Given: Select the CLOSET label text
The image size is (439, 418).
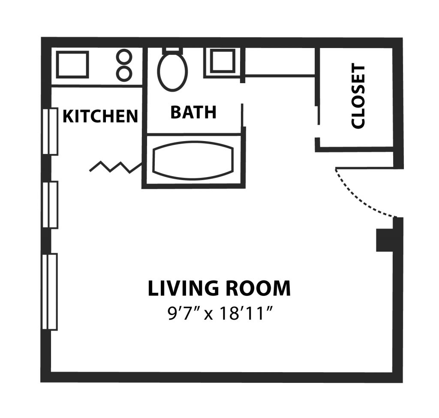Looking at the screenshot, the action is [x=358, y=97].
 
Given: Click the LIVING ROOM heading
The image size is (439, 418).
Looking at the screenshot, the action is [x=219, y=288].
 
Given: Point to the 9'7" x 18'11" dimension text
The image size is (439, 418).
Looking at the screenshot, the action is [x=220, y=313].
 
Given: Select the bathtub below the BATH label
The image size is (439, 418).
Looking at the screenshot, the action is [x=193, y=160].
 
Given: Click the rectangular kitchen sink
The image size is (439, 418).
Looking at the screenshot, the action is [x=73, y=64].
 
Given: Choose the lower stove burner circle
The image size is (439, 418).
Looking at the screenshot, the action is [x=124, y=74].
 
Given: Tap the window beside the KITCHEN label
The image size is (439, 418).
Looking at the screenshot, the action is [x=51, y=131].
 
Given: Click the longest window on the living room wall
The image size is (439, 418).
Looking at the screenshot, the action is [x=50, y=292].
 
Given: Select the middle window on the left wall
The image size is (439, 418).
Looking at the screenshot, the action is [x=51, y=204].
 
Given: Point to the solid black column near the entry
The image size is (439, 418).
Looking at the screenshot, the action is [x=385, y=240].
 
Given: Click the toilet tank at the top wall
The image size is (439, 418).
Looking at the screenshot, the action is [x=172, y=49].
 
